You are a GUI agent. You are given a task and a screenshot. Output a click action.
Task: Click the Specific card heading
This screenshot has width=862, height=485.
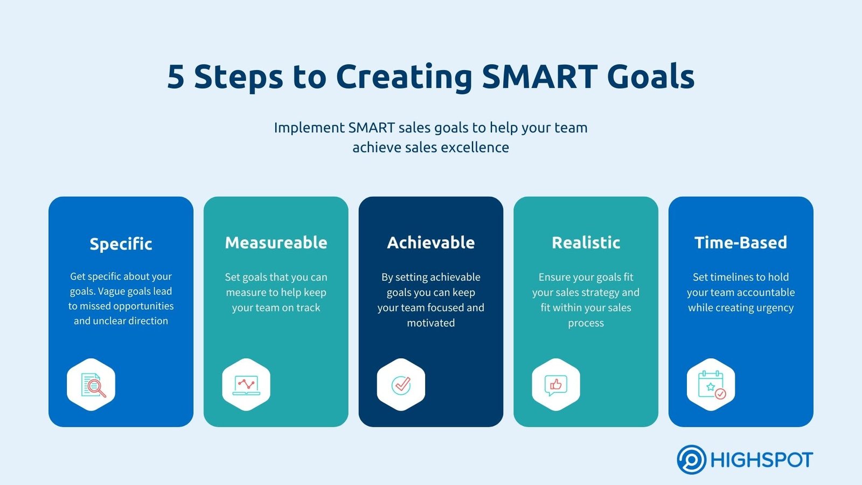(121, 244)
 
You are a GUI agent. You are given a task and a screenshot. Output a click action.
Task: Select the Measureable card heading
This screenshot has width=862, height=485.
(276, 243)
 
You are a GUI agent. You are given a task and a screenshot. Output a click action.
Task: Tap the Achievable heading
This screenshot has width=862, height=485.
(430, 243)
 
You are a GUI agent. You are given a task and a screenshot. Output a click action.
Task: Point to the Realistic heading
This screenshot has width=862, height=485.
(586, 243)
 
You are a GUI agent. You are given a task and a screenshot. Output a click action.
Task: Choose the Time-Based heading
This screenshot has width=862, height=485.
(740, 243)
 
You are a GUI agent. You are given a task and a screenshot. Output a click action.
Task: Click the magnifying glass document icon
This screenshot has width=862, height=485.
(92, 385)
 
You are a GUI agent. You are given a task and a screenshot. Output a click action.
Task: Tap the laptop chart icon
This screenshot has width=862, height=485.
(246, 385)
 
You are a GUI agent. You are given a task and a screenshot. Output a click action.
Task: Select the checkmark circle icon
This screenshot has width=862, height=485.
(401, 385)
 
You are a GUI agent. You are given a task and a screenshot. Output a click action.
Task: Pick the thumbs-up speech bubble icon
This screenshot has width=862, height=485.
(555, 385)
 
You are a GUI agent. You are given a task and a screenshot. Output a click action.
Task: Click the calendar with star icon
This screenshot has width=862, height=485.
(711, 385)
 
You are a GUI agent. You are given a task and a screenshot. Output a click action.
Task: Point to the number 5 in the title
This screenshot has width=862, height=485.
(176, 77)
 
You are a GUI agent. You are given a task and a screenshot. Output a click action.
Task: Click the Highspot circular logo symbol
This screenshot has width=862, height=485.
(691, 460)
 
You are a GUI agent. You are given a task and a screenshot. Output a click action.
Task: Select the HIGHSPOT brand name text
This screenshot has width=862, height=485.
(761, 460)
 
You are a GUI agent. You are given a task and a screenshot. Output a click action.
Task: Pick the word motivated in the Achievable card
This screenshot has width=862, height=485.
(430, 323)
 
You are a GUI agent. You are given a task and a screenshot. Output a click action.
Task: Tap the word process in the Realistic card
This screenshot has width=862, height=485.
(586, 323)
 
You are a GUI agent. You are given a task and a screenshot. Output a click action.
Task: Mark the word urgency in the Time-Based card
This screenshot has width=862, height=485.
(774, 308)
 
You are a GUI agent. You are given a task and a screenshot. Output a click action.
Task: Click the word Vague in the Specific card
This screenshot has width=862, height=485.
(111, 291)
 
